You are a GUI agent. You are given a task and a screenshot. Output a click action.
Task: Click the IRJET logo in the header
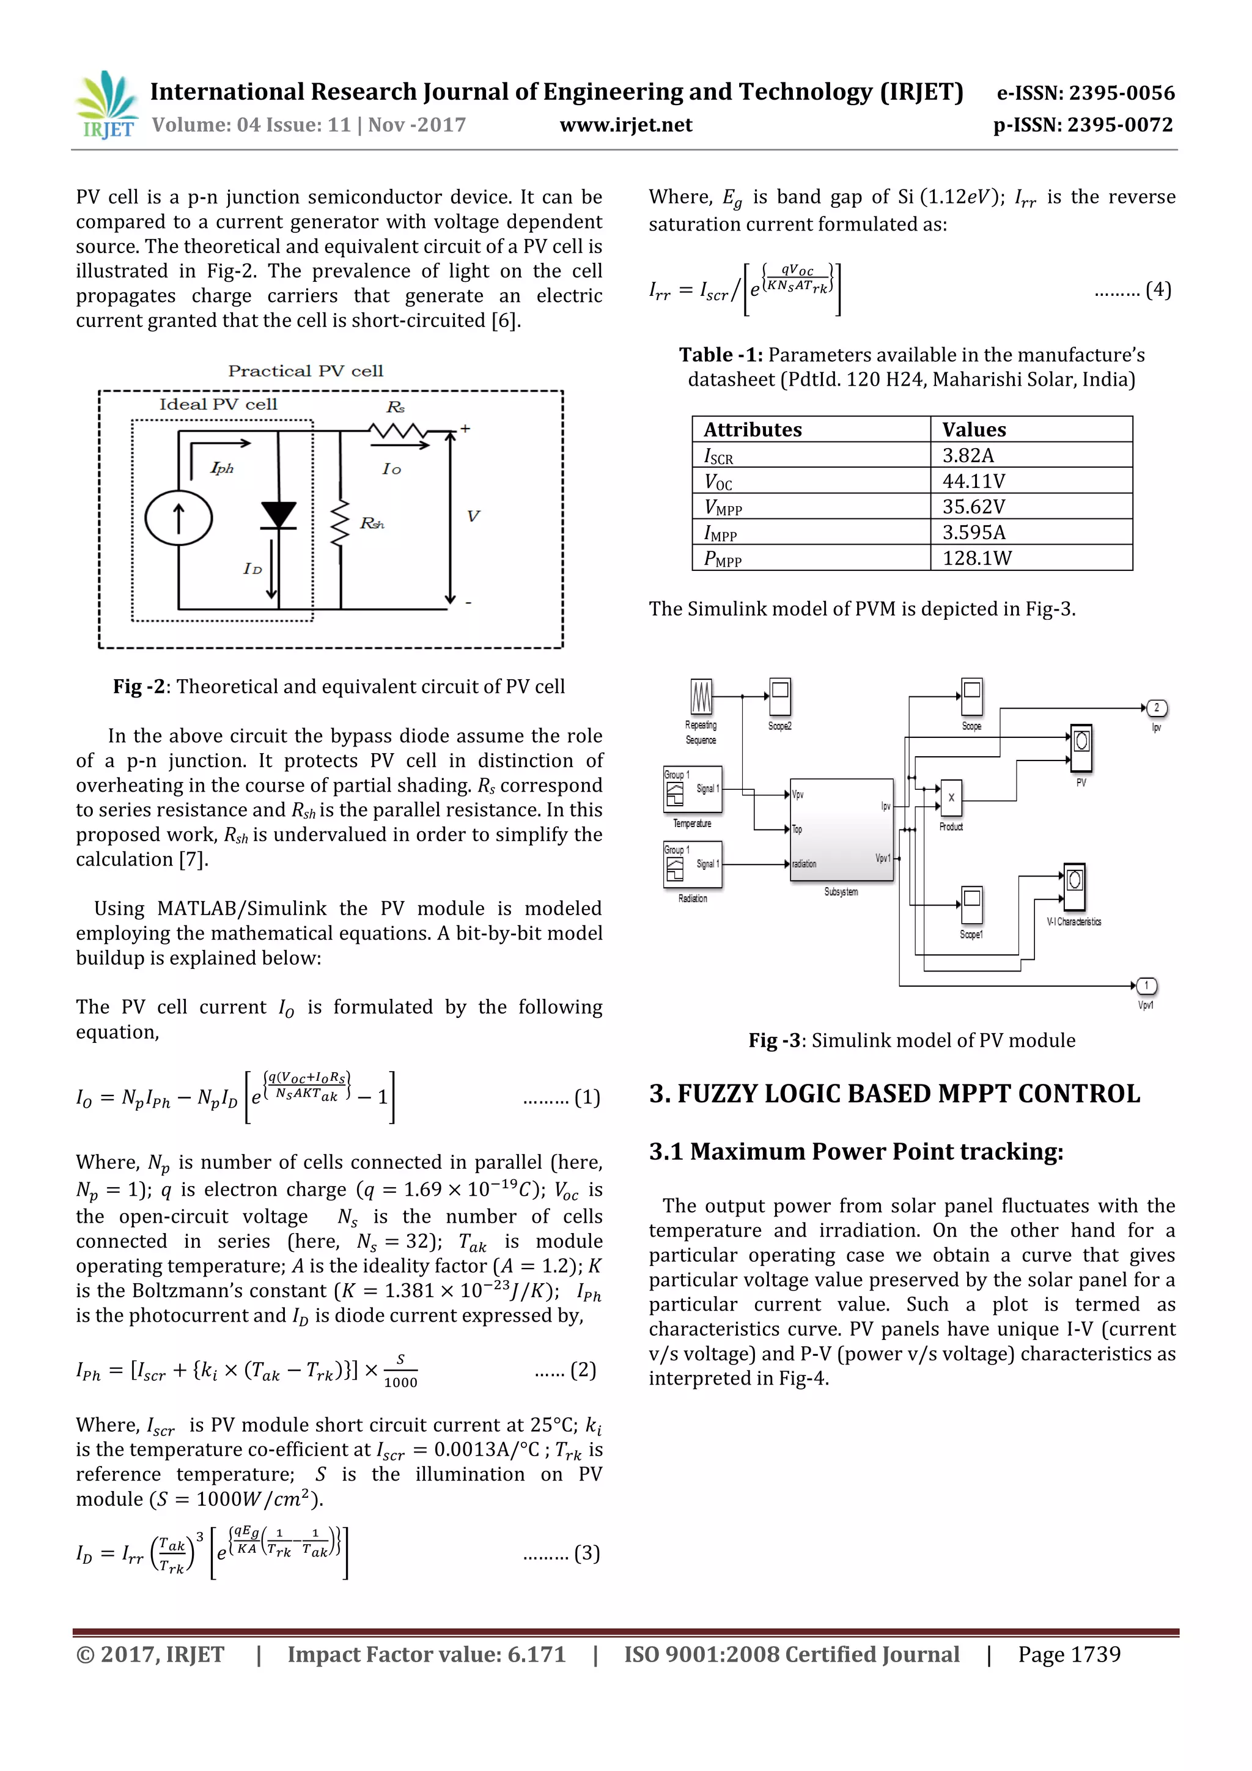point(107,105)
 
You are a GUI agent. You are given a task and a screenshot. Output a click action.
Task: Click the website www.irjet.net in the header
point(625,125)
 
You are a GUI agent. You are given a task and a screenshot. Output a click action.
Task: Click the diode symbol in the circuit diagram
point(279,515)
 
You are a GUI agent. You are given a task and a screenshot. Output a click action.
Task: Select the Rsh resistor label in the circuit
point(372,524)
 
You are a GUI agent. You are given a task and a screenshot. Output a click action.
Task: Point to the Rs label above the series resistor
point(395,407)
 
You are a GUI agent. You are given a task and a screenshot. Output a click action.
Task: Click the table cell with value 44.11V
point(973,480)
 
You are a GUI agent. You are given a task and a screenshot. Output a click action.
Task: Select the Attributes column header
point(752,429)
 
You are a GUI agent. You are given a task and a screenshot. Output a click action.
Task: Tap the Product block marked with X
point(951,798)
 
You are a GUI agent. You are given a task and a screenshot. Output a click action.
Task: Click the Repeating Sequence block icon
point(701,696)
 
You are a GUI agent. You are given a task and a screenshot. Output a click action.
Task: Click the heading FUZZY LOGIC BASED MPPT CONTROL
point(894,1094)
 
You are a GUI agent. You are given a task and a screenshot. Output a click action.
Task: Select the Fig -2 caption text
point(339,686)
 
